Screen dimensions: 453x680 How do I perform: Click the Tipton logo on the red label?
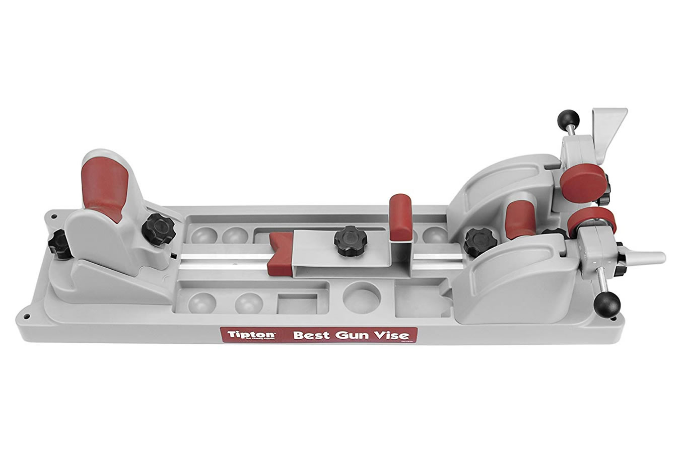pyautogui.click(x=244, y=335)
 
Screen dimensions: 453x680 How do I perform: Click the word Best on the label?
pyautogui.click(x=311, y=335)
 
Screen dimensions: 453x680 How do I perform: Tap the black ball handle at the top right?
pyautogui.click(x=568, y=120)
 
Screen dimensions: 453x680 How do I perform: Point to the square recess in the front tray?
pyautogui.click(x=297, y=304)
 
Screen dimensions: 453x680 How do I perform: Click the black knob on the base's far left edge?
pyautogui.click(x=57, y=244)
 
